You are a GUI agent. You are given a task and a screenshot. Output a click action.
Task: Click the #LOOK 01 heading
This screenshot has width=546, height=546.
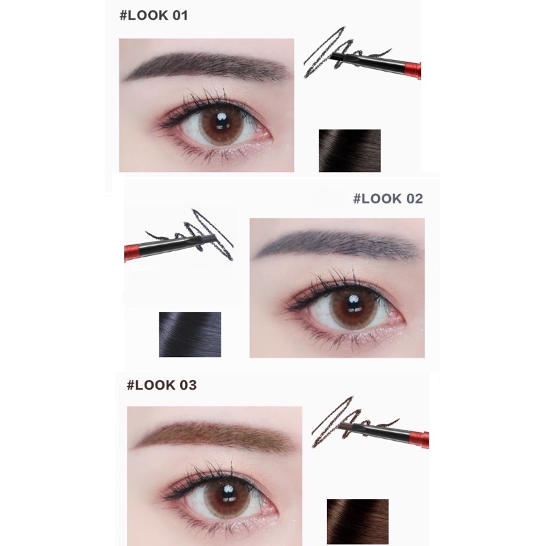(x=156, y=16)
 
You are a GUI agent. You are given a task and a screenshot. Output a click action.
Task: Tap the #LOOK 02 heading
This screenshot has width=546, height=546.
(x=388, y=199)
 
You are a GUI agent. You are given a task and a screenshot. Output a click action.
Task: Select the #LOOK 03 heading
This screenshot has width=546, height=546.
(x=162, y=385)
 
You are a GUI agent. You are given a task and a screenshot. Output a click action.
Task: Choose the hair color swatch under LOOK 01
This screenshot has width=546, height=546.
(x=349, y=150)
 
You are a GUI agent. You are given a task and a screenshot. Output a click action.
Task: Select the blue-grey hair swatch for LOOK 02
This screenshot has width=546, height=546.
(x=190, y=334)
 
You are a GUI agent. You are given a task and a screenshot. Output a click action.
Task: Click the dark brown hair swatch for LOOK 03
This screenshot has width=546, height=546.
(x=357, y=521)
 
